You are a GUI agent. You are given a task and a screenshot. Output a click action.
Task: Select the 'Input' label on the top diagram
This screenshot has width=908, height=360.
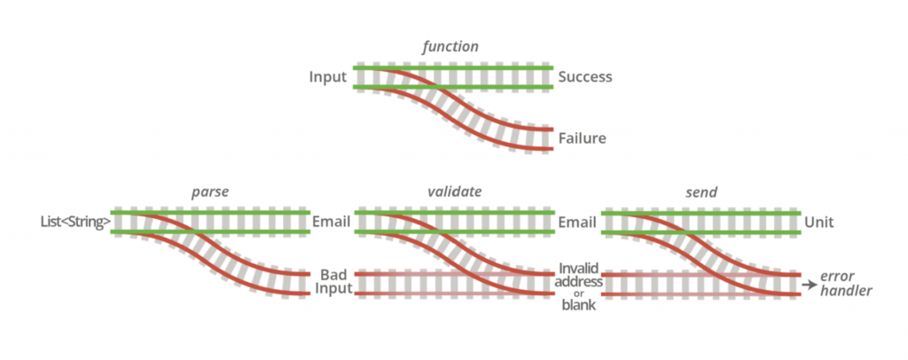[x=327, y=77]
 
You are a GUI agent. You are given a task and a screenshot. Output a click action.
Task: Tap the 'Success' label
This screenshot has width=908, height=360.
[x=585, y=77]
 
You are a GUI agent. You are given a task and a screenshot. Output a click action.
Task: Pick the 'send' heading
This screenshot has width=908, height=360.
[x=701, y=192]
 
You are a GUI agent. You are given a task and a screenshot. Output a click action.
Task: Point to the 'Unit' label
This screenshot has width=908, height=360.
[x=823, y=222]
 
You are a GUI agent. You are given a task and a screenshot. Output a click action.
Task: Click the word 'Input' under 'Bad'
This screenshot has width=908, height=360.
[x=335, y=289]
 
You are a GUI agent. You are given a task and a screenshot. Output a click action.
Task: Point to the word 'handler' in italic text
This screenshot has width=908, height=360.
[x=847, y=291]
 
